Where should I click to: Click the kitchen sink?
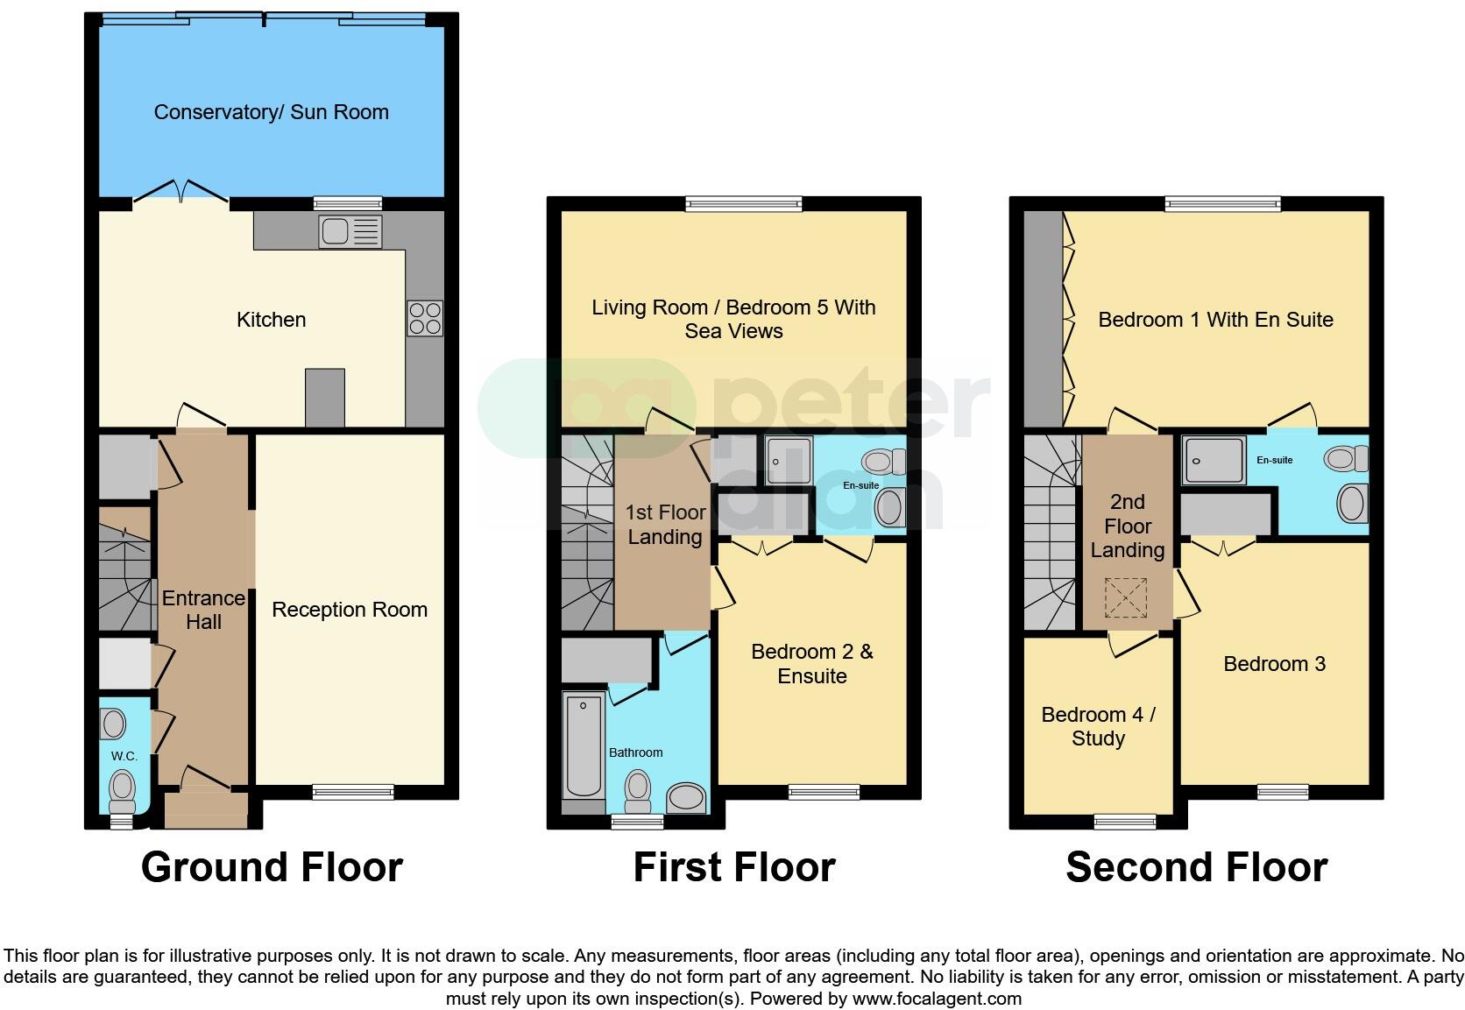click(x=350, y=231)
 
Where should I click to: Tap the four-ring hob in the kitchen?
click(x=425, y=318)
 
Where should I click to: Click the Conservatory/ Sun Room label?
click(x=271, y=112)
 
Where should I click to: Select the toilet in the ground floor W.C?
click(x=123, y=789)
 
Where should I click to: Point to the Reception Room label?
click(x=350, y=610)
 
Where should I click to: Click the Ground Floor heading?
click(x=272, y=867)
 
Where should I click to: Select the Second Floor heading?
click(x=1196, y=867)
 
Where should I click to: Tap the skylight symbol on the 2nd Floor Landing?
click(x=1125, y=598)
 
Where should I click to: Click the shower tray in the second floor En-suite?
click(x=1214, y=461)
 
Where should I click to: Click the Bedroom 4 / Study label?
click(x=1098, y=726)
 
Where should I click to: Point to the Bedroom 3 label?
click(x=1274, y=664)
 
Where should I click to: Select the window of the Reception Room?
click(x=353, y=792)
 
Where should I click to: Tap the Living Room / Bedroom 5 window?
click(x=743, y=204)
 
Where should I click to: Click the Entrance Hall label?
click(x=203, y=610)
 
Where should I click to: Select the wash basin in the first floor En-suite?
click(x=891, y=507)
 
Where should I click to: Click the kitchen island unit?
click(x=324, y=398)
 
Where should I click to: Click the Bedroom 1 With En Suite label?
click(x=1215, y=320)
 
